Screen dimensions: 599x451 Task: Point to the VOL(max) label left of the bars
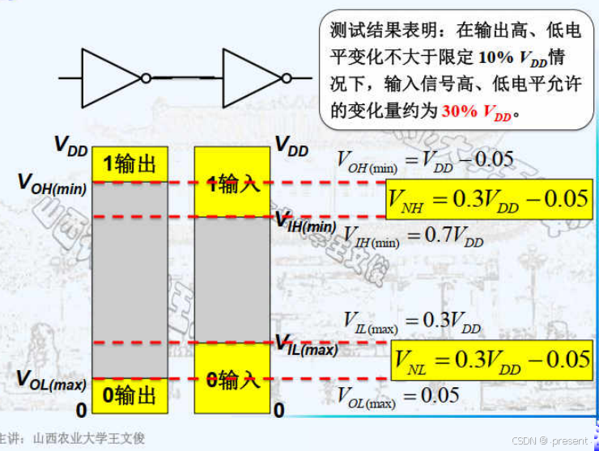point(51,380)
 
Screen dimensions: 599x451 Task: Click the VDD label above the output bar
point(70,145)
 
